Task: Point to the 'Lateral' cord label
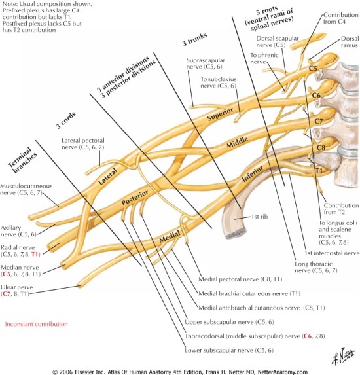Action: [x=109, y=177]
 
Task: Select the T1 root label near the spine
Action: [x=321, y=170]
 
